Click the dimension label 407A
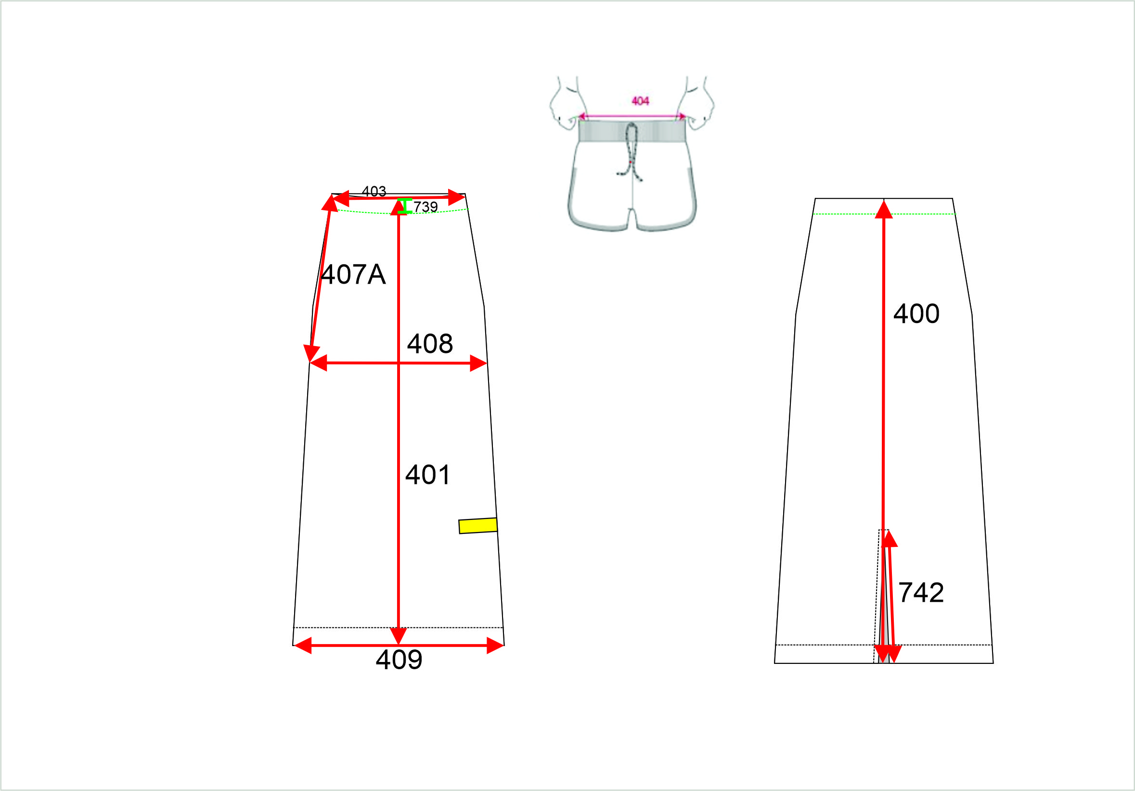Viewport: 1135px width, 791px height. [x=353, y=274]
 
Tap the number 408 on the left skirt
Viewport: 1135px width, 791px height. [x=429, y=344]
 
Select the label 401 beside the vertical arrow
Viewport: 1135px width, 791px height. [x=427, y=475]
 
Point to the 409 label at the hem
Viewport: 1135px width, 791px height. [x=399, y=660]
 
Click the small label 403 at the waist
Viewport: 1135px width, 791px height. [x=374, y=191]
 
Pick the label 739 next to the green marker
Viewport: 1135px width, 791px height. [x=426, y=207]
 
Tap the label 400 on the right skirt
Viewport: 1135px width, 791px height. [x=916, y=313]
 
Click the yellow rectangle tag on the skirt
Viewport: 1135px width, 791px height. [x=478, y=526]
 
